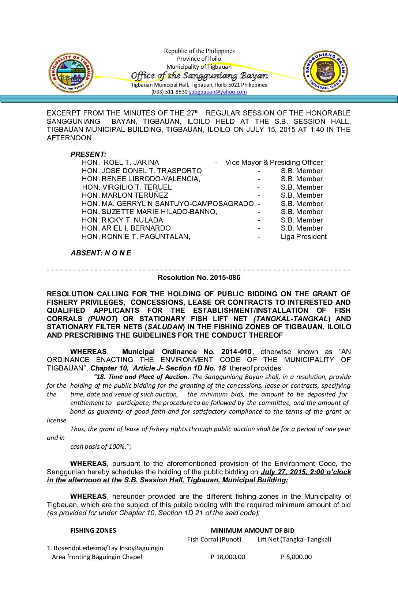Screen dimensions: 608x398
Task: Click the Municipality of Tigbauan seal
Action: point(71,73)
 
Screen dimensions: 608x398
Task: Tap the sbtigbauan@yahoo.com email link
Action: point(218,92)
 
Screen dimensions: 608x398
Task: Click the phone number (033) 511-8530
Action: point(169,92)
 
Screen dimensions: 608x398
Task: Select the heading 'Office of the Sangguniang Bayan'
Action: point(199,76)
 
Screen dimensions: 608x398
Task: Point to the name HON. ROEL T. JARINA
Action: point(121,163)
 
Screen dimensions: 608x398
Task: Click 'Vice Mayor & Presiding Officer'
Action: point(274,163)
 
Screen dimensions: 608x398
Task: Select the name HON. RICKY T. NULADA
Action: point(123,220)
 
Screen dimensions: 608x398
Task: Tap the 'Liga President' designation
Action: point(304,237)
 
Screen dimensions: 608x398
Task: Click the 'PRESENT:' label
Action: point(89,154)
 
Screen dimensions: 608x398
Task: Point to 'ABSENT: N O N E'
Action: point(101,253)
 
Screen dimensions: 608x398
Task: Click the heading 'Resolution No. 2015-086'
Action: point(199,278)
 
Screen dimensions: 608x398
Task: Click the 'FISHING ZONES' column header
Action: point(93,531)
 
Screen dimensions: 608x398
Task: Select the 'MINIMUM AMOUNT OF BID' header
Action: point(252,531)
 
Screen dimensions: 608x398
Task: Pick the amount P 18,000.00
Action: point(228,557)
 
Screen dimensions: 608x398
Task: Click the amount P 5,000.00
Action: point(296,557)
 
